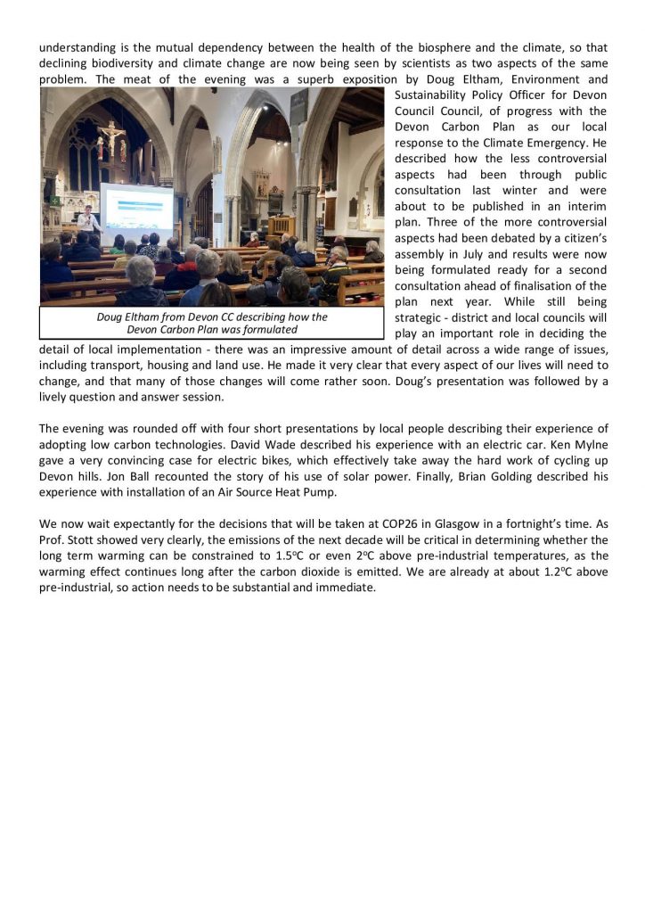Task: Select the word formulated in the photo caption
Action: click(265, 329)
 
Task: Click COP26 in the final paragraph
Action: click(399, 524)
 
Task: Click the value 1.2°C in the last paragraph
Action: click(562, 572)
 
